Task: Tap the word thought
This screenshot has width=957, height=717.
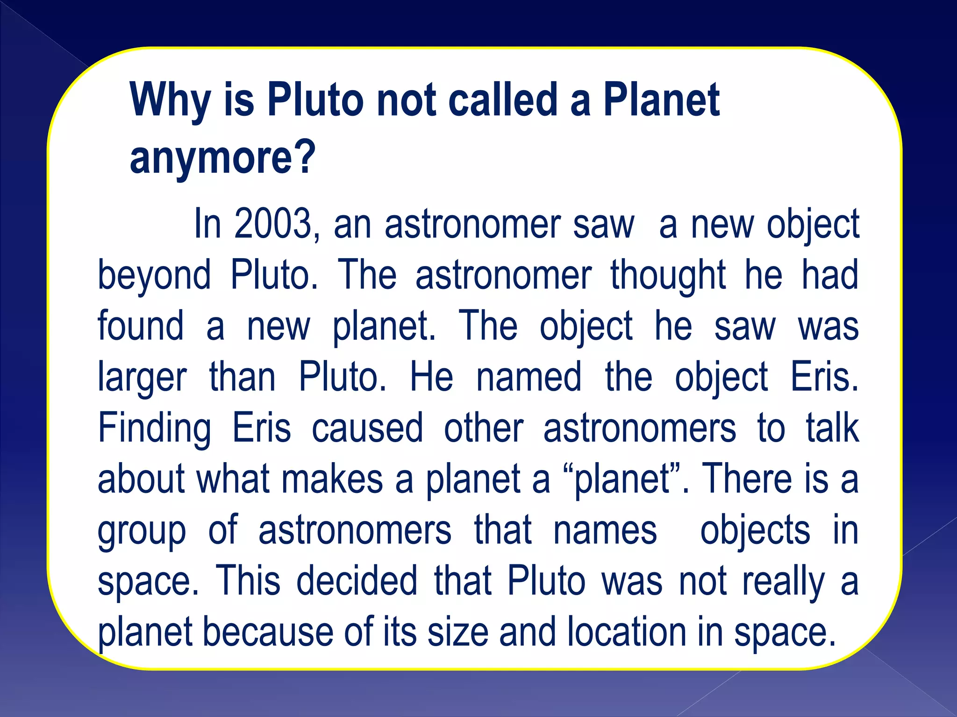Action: tap(668, 275)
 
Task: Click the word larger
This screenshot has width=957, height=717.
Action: tap(142, 378)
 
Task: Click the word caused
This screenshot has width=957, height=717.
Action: tap(367, 428)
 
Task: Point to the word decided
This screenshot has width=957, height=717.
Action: tap(357, 581)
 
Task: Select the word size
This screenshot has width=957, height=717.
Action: tap(458, 633)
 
